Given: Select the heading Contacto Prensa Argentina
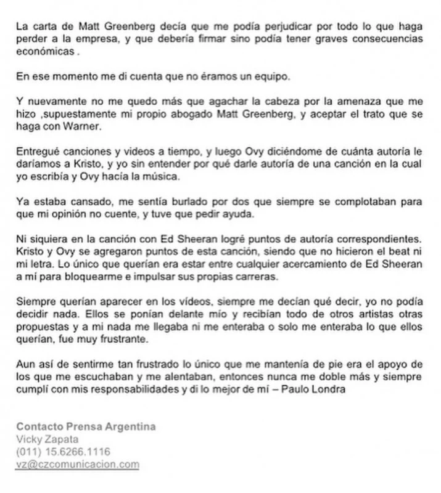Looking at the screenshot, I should pos(86,427).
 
